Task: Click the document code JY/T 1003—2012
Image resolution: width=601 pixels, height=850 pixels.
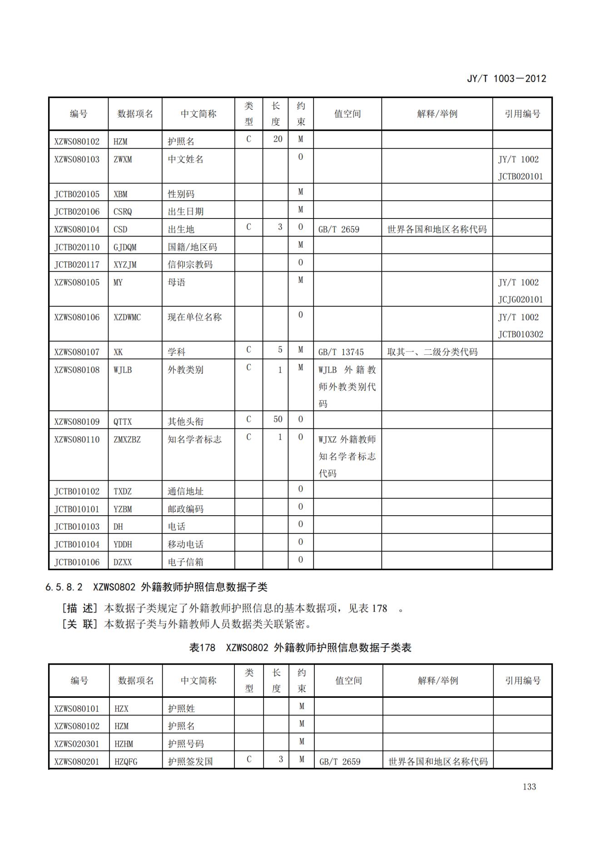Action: click(x=506, y=79)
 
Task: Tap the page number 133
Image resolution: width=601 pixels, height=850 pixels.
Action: click(x=529, y=786)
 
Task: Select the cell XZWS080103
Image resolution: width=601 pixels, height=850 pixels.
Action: click(x=77, y=159)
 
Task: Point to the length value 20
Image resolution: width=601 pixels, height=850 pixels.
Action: click(x=278, y=139)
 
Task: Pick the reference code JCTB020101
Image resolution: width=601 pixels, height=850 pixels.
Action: click(x=520, y=176)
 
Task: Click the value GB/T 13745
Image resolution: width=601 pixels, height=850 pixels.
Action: click(x=341, y=352)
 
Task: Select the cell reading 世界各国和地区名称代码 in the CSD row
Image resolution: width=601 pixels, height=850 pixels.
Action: click(x=437, y=229)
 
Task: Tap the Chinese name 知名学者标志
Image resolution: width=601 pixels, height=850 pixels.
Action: click(x=194, y=439)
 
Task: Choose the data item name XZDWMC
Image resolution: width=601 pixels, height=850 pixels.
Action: click(x=127, y=317)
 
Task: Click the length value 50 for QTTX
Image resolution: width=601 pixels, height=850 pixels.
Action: click(x=278, y=419)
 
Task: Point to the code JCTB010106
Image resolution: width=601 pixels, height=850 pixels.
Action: click(x=77, y=562)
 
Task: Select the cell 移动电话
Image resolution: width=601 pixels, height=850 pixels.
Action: click(x=185, y=544)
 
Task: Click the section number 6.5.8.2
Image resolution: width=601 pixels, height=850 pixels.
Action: click(x=64, y=587)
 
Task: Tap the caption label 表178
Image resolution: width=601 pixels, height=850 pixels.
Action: click(x=202, y=647)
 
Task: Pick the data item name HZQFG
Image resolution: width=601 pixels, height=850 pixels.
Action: click(x=126, y=761)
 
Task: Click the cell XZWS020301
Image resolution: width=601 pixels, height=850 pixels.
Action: click(x=77, y=744)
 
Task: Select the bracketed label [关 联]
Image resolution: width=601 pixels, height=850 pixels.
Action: click(x=80, y=624)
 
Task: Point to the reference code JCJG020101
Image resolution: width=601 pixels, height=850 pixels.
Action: click(x=520, y=299)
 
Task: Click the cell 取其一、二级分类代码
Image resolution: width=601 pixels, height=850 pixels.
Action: click(x=432, y=352)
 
